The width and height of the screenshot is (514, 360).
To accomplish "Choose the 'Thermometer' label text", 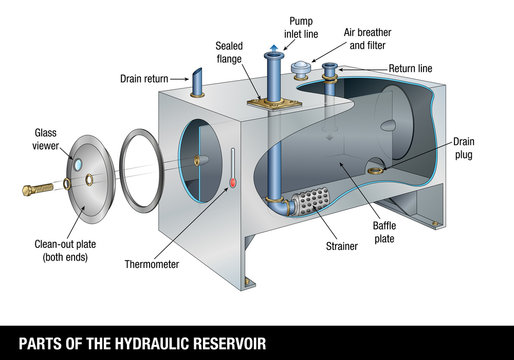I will click(x=152, y=265).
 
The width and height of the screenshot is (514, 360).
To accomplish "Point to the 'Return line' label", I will click(x=412, y=69).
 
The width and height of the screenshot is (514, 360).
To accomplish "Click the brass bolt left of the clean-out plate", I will click(x=39, y=188).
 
